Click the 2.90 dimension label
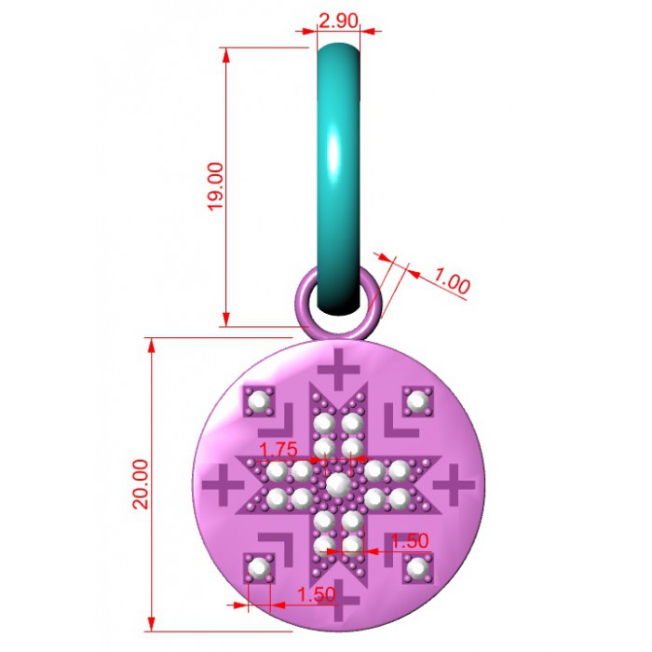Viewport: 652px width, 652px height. (338, 20)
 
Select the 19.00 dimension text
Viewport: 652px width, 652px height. (215, 186)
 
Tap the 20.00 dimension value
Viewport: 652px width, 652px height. (141, 484)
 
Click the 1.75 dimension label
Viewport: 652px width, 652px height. (278, 450)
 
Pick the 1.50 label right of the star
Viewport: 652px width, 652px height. (410, 540)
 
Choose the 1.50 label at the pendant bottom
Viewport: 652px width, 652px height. (317, 594)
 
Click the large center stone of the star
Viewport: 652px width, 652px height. (338, 484)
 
